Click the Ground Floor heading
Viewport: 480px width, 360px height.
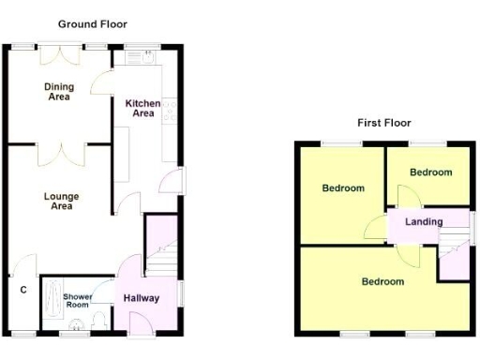pos(93,23)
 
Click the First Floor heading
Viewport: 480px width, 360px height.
pos(383,123)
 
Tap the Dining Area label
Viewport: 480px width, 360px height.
pos(59,91)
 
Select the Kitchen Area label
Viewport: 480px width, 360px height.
pos(142,108)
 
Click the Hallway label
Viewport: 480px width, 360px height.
pos(142,298)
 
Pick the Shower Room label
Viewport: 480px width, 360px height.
pos(77,301)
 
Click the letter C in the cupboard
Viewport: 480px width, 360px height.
pos(22,290)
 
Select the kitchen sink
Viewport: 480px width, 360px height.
pos(140,58)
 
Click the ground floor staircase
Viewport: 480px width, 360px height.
pos(163,247)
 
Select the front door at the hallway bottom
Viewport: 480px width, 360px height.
pos(138,323)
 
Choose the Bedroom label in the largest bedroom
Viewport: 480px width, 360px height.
pos(382,281)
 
